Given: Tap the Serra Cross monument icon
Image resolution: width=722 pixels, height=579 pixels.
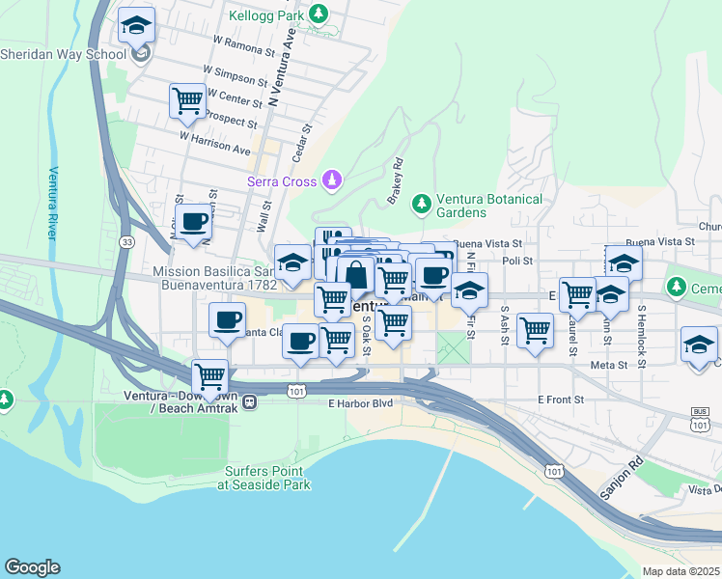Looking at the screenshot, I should pyautogui.click(x=332, y=179).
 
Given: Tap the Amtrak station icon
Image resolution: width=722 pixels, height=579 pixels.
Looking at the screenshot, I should pyautogui.click(x=249, y=402).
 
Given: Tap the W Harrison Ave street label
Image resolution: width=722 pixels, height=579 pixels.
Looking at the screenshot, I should pyautogui.click(x=214, y=143).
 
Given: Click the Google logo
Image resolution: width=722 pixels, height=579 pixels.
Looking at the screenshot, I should pyautogui.click(x=32, y=567).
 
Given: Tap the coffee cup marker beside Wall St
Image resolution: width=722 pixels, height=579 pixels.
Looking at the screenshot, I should pyautogui.click(x=193, y=222).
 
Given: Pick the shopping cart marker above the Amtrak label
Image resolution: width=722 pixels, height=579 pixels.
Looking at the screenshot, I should pyautogui.click(x=209, y=374).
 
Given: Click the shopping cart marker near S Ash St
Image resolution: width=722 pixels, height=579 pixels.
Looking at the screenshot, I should pyautogui.click(x=535, y=330).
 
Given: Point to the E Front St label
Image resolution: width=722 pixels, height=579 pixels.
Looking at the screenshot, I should pyautogui.click(x=562, y=400).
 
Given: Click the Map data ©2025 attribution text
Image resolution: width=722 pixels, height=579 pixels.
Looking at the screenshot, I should pyautogui.click(x=680, y=571).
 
